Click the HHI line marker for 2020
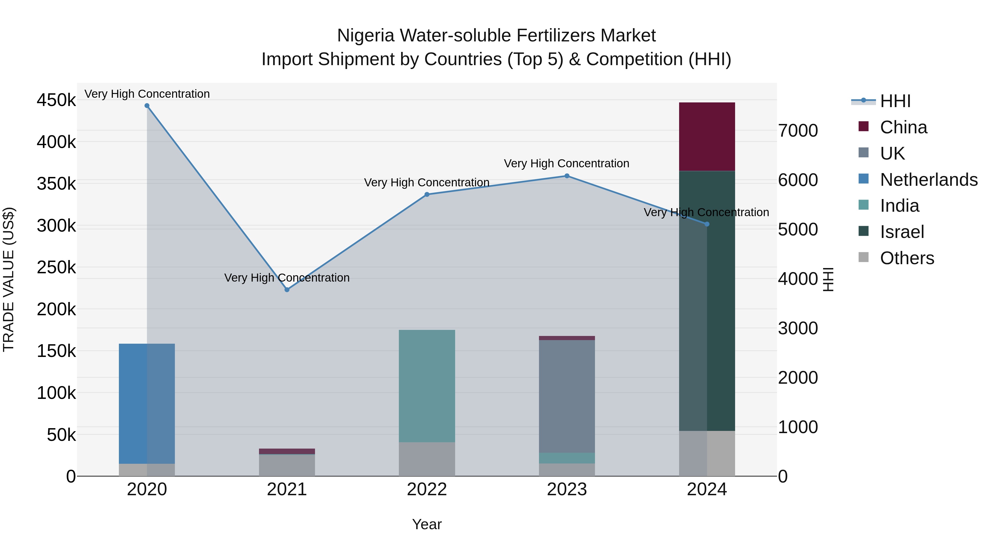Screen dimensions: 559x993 tap(147, 106)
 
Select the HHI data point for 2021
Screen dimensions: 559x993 tap(287, 290)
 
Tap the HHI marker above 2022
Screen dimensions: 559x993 tap(427, 194)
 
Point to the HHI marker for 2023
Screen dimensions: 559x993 tap(567, 176)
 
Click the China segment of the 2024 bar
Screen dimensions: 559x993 tap(707, 137)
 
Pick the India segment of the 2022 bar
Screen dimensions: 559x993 tap(427, 386)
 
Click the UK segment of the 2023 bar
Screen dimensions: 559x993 tap(567, 396)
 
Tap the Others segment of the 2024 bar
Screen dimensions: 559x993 tap(707, 453)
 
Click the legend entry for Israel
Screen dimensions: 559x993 tap(902, 232)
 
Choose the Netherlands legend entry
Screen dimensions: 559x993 tap(928, 180)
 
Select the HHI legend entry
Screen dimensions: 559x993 tap(895, 101)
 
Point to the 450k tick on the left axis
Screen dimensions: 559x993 tap(56, 100)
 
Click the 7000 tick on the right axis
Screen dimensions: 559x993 tap(797, 131)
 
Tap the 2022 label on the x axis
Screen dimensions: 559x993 tap(427, 489)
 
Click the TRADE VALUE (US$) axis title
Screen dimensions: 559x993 tap(9, 279)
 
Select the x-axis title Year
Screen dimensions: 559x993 tap(427, 524)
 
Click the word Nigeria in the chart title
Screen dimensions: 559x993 tap(365, 36)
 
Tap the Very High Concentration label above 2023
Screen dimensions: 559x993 tap(566, 164)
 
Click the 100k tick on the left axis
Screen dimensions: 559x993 tap(56, 393)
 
